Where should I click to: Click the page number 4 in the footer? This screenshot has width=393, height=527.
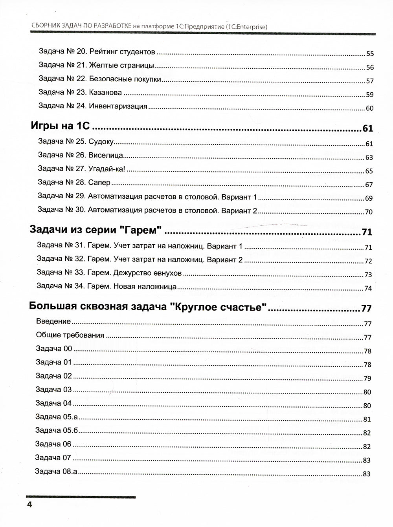[29, 504]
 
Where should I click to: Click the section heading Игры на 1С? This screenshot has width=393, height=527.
[61, 126]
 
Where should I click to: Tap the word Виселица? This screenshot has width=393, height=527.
[106, 156]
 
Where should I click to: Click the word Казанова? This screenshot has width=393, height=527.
[106, 93]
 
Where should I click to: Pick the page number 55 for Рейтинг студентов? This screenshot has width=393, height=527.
[369, 54]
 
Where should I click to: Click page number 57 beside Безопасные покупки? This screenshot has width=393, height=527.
[369, 81]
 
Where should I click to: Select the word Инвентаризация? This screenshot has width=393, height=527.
[118, 106]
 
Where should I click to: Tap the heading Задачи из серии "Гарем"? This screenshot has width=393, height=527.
[96, 231]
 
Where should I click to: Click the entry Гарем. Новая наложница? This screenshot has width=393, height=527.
[107, 287]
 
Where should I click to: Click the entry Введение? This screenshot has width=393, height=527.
[53, 321]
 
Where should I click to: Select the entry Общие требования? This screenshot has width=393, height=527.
[70, 335]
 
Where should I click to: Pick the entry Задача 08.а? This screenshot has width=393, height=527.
[56, 471]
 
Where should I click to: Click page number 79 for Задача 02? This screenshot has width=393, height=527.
[367, 379]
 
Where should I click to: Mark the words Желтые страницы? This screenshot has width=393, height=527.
[121, 65]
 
